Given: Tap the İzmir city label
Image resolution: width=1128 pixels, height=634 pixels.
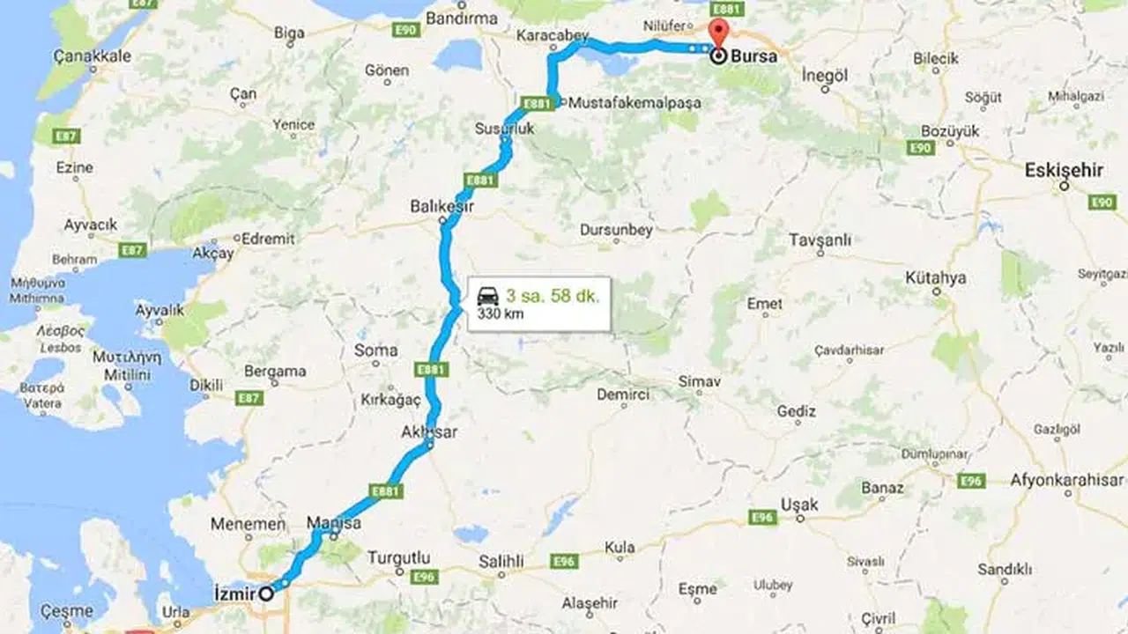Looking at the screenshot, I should [x=234, y=593].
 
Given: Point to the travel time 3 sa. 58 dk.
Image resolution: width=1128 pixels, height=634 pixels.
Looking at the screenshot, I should [x=552, y=296].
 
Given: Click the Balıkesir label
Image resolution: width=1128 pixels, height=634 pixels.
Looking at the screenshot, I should [x=442, y=206].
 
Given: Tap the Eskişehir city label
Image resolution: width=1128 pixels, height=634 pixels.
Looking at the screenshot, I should [x=1064, y=171].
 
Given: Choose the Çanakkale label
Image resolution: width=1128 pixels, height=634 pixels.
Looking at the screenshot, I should [x=93, y=56].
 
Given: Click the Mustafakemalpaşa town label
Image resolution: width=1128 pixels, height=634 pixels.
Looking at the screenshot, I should [x=635, y=103].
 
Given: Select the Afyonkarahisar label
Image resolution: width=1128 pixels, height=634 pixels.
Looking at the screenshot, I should [x=1066, y=480].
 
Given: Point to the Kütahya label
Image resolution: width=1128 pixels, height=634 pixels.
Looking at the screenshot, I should [x=935, y=278].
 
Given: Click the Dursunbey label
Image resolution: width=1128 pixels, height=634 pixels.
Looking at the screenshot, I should [x=616, y=230].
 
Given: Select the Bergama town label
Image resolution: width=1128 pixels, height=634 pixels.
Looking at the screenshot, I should [x=275, y=371].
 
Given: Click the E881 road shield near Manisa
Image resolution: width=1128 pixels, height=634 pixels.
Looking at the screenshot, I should [x=386, y=491].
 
